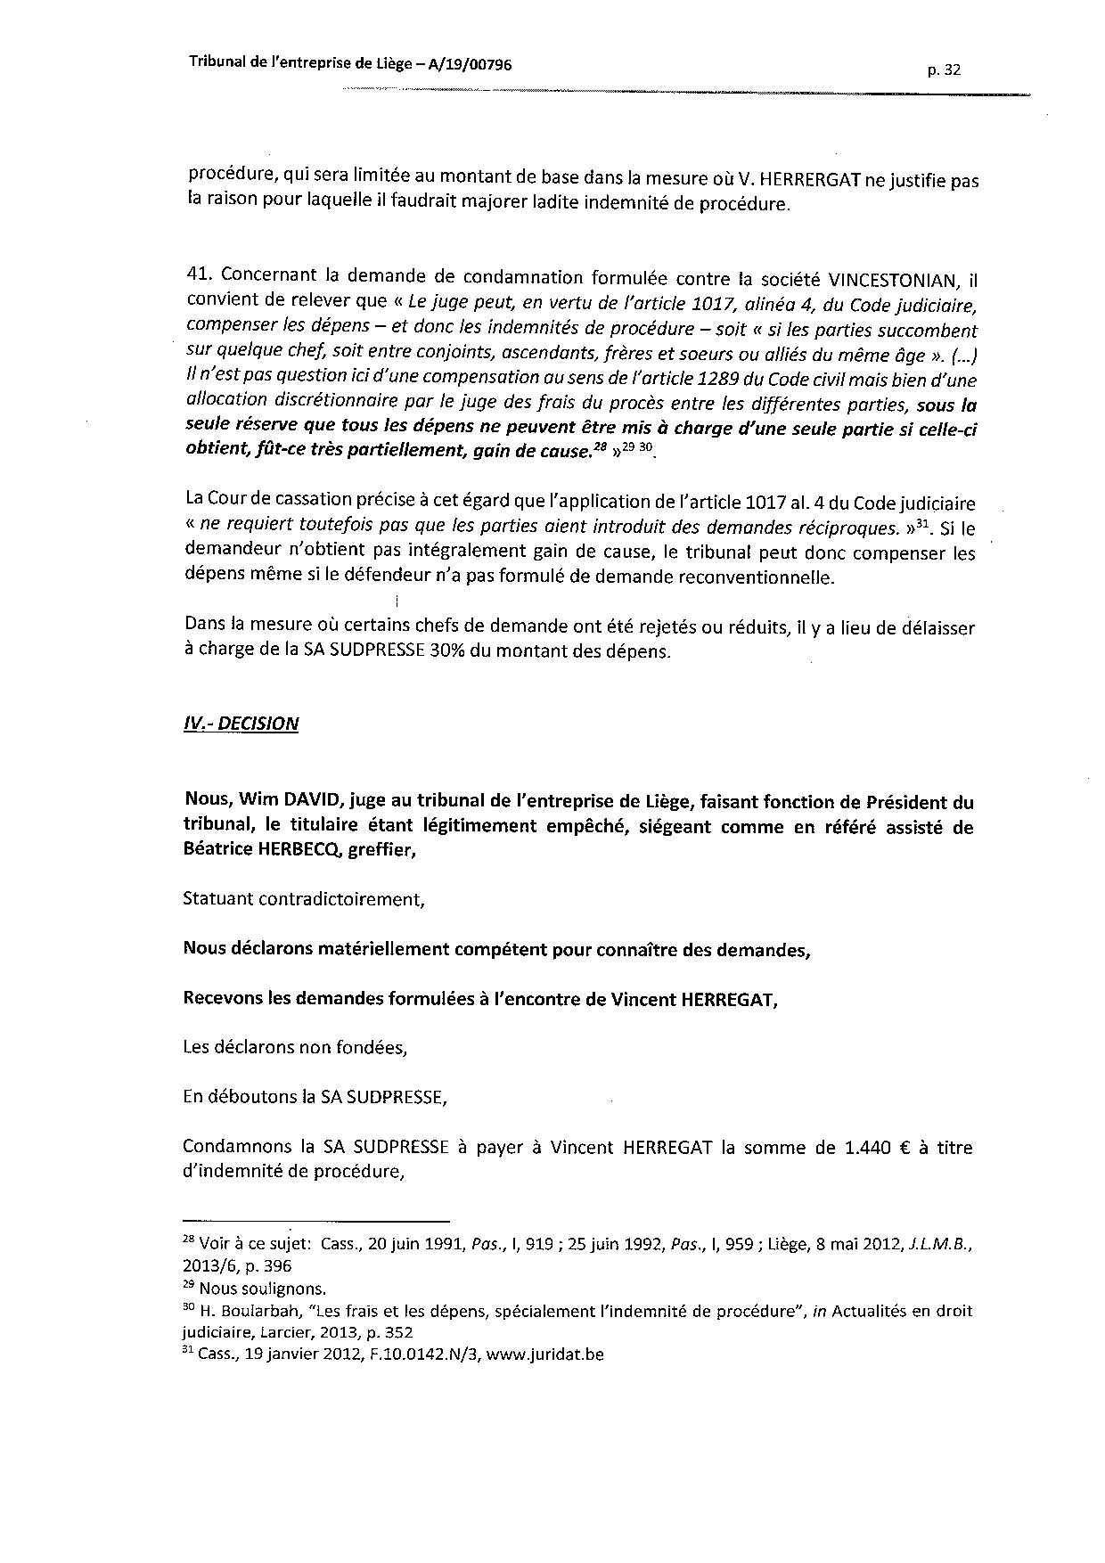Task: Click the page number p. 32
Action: [943, 71]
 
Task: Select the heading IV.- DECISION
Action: [241, 723]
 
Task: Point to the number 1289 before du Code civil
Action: [689, 379]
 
